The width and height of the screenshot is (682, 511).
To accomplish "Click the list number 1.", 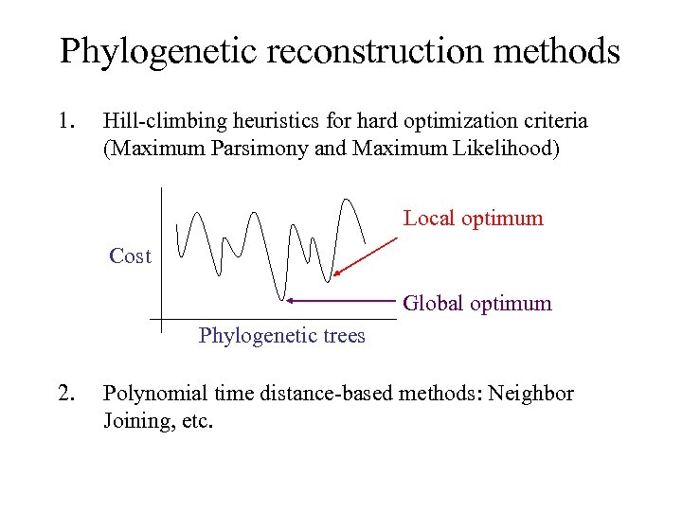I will [65, 121].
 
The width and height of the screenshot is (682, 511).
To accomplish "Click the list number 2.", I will [65, 394].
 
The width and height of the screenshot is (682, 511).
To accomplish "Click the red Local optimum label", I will [473, 219].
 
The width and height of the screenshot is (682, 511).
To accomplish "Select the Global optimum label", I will [476, 304].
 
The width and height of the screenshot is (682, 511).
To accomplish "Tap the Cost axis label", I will [130, 255].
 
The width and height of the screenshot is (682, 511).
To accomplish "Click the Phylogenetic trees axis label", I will [281, 336].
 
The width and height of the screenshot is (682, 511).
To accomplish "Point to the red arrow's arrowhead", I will [335, 274].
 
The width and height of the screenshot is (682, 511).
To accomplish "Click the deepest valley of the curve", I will [281, 296].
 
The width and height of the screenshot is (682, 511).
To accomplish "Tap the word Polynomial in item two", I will [151, 394].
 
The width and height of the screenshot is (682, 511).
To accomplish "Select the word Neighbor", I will [534, 394].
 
